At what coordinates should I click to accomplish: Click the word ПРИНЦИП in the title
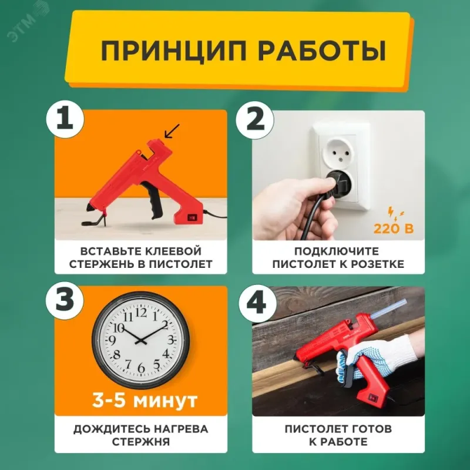click(x=173, y=51)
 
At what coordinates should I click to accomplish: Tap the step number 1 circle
click(x=65, y=119)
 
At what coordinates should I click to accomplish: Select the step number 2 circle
click(x=255, y=120)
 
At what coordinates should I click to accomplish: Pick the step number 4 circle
click(x=257, y=303)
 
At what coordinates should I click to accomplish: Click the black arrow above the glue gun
click(x=172, y=131)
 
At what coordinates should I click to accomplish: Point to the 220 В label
click(x=393, y=229)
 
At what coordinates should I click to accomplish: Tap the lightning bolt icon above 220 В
click(x=395, y=213)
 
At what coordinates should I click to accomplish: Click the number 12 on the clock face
click(x=141, y=313)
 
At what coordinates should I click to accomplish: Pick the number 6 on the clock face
click(x=141, y=368)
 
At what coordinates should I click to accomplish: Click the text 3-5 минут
click(x=145, y=400)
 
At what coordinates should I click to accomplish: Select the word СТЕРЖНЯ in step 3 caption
click(x=140, y=442)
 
